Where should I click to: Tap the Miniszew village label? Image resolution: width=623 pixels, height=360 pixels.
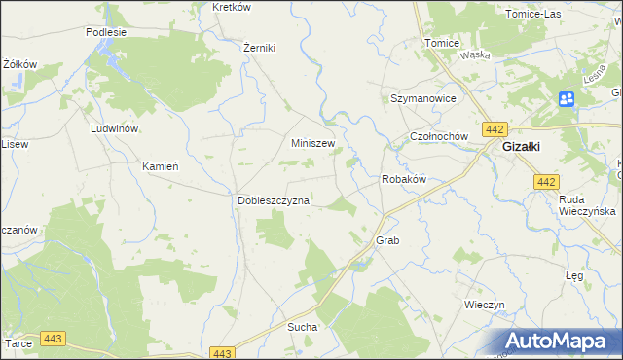[x=313, y=143]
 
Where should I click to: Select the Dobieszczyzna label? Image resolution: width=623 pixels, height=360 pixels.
[x=274, y=200]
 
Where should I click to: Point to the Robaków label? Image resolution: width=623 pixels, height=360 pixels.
[x=403, y=180]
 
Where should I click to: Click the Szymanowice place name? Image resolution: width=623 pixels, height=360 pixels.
[x=422, y=99]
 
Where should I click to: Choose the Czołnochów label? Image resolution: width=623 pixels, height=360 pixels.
[x=440, y=137]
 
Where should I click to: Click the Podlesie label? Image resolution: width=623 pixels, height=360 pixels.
[x=106, y=32]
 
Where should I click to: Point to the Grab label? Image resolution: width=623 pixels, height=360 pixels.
[x=387, y=239]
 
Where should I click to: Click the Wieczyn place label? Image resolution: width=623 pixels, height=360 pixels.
[x=485, y=305]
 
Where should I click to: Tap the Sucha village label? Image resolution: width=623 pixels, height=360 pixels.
[x=302, y=328]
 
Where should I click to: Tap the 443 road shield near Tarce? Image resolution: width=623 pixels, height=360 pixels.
[x=53, y=338]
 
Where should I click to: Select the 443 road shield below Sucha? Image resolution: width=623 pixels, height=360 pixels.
[x=222, y=353]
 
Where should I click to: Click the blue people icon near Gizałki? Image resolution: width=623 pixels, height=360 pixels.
[x=567, y=98]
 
